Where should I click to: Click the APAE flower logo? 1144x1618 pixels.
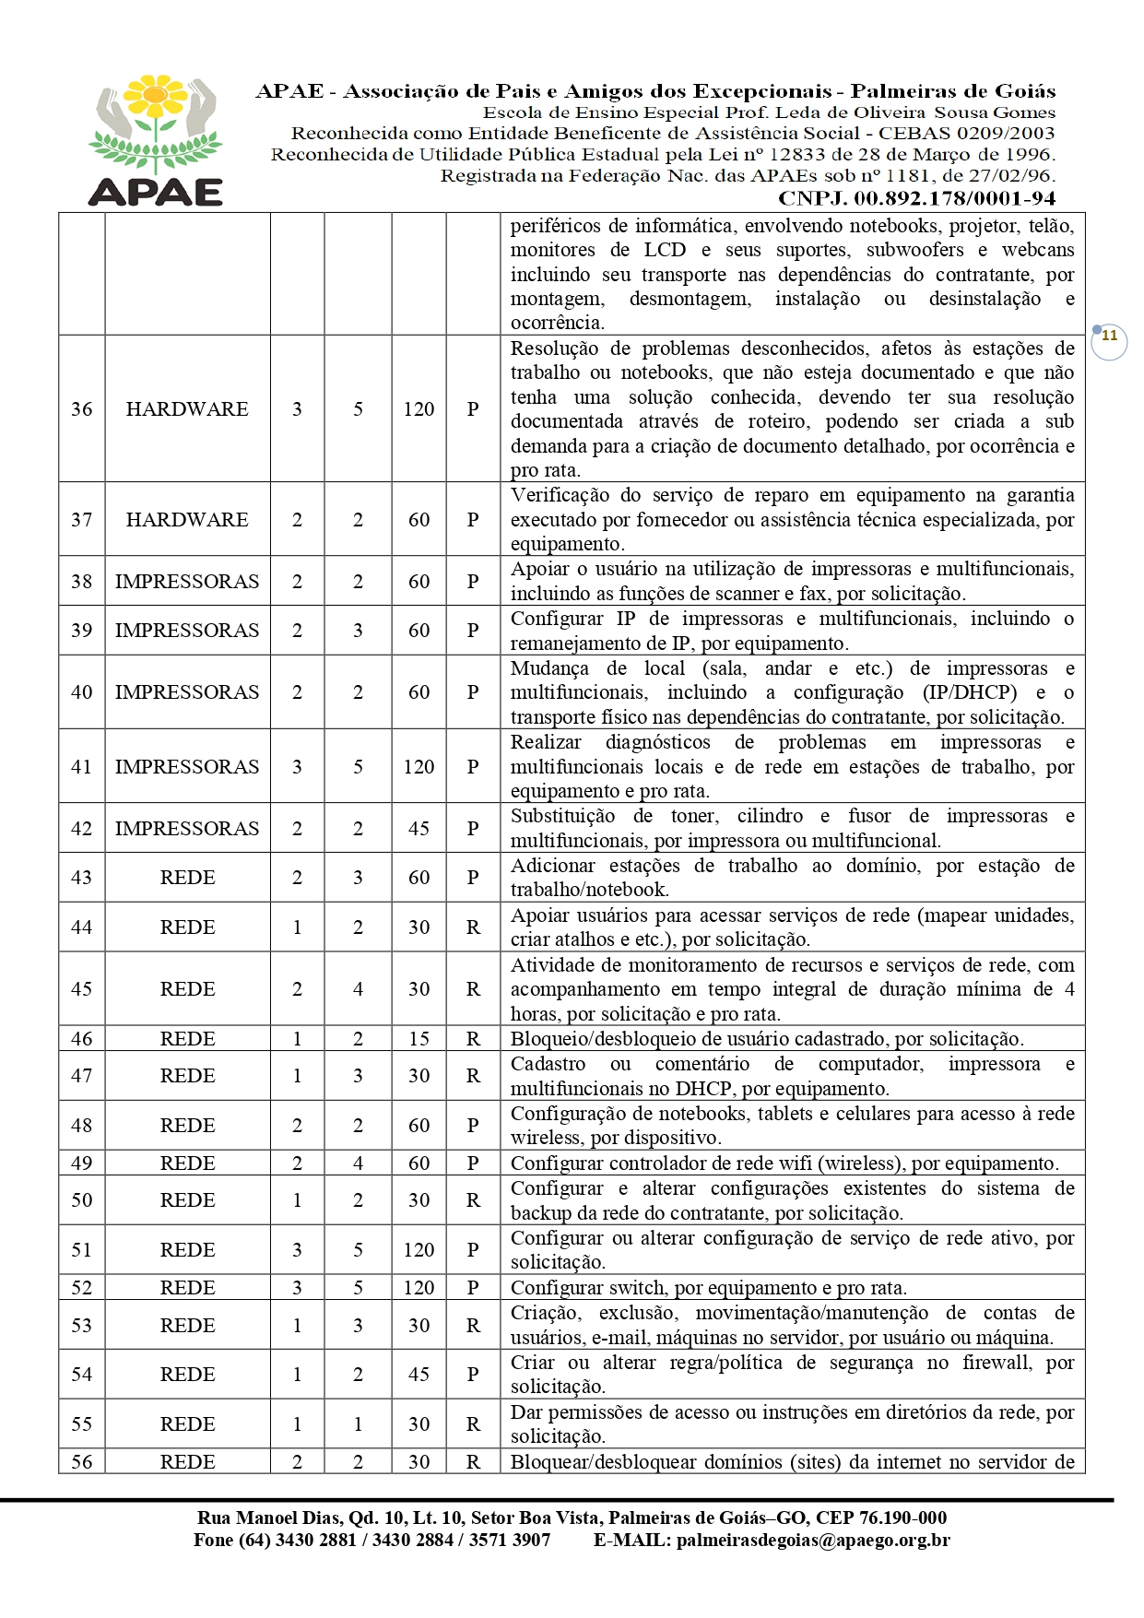click(x=155, y=138)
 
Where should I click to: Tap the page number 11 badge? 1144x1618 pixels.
click(x=1109, y=337)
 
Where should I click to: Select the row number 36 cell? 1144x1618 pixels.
click(x=82, y=409)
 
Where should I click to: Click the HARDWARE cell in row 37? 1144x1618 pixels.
click(x=187, y=520)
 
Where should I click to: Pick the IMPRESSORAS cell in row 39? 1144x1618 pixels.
click(x=187, y=631)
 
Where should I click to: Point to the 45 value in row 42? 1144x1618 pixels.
click(x=419, y=829)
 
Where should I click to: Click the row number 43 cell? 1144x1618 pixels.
click(x=82, y=878)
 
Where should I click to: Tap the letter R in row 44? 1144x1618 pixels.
click(x=473, y=927)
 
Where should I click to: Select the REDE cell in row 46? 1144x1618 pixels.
click(x=187, y=1039)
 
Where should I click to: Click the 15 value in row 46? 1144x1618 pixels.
click(x=419, y=1039)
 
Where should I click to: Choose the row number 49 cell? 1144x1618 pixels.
click(x=82, y=1163)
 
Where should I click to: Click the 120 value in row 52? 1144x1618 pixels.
click(x=419, y=1288)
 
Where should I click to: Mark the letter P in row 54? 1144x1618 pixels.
click(x=473, y=1375)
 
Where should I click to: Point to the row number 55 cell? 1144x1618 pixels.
click(x=82, y=1424)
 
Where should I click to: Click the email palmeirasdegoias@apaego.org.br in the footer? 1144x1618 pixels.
click(x=812, y=1540)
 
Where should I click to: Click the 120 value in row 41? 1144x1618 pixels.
click(x=419, y=767)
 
